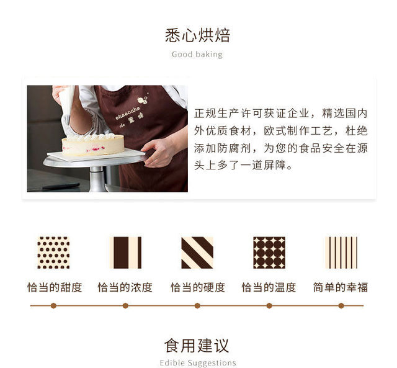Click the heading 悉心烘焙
197,35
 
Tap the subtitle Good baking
197,55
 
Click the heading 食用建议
197,346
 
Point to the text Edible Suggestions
198,362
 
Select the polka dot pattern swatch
53,253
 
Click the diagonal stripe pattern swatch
197,253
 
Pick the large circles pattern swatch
269,253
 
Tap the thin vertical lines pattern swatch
341,253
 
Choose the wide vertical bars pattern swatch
125,253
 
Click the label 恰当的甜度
55,287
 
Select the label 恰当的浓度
125,287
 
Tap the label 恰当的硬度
198,287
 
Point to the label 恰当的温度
269,287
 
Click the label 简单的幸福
341,287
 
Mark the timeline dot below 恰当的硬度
197,306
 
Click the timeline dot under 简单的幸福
341,306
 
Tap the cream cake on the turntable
93,145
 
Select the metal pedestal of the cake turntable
98,179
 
